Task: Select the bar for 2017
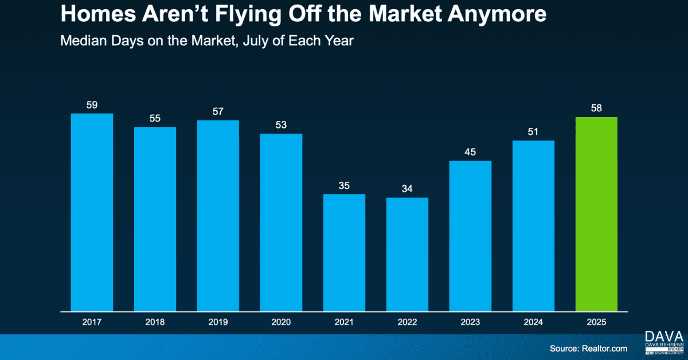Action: coord(92,212)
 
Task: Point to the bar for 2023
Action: coord(470,236)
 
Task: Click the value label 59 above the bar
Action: coord(92,105)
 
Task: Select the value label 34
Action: coord(407,189)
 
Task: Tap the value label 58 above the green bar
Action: coord(596,108)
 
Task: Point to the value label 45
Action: coord(470,152)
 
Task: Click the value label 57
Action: coord(218,112)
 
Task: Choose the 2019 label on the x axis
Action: coord(218,323)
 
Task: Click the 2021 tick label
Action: coord(344,323)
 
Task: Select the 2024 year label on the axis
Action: coord(533,323)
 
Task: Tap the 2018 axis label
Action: coord(155,323)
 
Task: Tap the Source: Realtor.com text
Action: coord(588,348)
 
